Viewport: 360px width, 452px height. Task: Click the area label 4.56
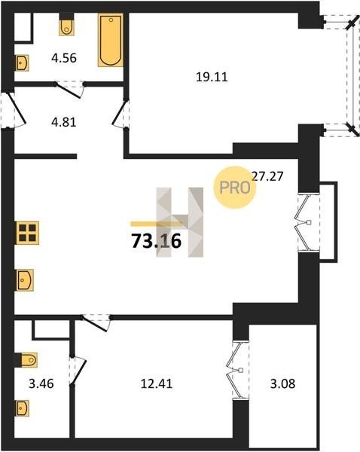pos(64,58)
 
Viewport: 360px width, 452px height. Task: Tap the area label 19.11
pos(212,77)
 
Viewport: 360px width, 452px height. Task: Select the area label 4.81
pos(64,122)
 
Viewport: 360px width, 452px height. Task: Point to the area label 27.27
pos(267,176)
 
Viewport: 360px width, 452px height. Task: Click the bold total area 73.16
pos(156,241)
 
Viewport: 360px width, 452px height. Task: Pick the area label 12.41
pos(157,383)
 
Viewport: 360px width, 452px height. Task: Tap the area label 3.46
pos(41,383)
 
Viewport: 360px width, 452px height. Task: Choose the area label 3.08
pos(282,383)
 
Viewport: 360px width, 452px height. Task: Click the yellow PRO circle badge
pos(235,188)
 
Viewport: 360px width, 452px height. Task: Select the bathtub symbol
pos(111,40)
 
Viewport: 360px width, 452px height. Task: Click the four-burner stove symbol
pos(28,233)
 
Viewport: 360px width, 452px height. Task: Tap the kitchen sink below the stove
pos(25,280)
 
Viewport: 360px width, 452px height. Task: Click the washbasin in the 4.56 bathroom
pos(22,63)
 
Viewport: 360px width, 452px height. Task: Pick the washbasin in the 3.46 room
pos(22,408)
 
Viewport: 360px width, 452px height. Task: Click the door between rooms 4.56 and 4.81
pos(70,90)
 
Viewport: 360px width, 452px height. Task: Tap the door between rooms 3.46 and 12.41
pos(78,371)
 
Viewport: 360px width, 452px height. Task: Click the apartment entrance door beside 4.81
pos(15,110)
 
